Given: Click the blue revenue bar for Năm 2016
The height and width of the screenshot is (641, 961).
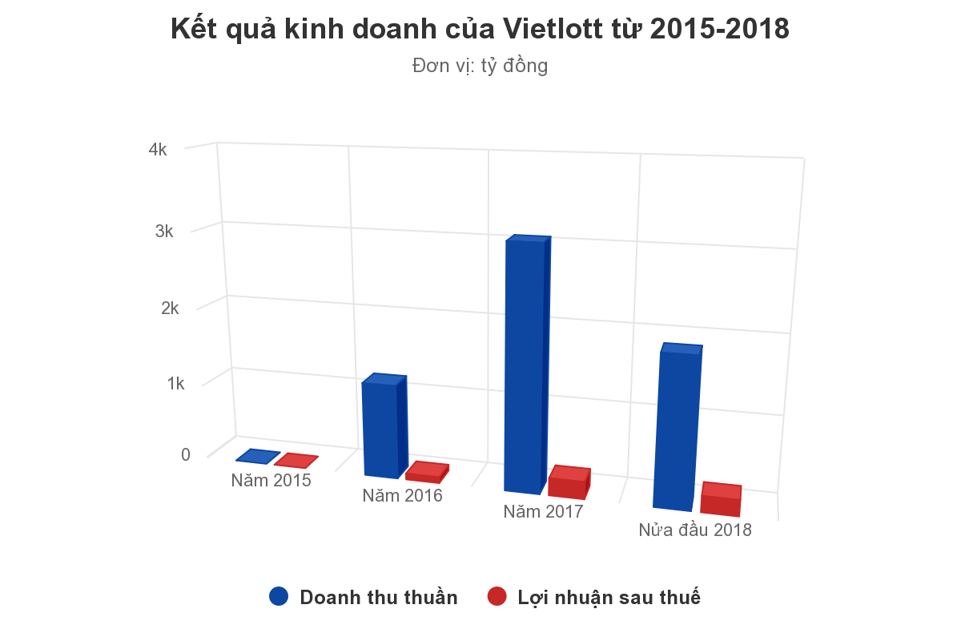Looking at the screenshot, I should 380,429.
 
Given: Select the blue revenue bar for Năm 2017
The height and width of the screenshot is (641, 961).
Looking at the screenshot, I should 525,365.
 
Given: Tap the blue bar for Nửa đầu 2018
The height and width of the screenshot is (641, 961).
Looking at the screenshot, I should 674,429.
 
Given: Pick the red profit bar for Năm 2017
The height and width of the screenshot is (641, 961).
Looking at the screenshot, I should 568,483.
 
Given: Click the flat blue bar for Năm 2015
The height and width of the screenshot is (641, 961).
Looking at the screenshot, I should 258,457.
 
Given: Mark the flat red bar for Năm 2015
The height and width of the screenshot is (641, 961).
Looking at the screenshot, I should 296,461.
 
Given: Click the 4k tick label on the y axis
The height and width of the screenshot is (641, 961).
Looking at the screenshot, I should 158,150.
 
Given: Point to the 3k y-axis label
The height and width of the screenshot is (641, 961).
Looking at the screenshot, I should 164,232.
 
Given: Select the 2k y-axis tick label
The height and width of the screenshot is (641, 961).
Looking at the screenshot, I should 170,308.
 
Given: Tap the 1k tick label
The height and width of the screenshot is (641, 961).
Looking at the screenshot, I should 175,384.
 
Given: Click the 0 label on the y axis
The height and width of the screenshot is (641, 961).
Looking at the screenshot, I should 186,454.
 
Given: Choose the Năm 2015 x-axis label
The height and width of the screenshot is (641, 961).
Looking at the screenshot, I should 271,481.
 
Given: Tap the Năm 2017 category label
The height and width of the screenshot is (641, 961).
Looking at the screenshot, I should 543,511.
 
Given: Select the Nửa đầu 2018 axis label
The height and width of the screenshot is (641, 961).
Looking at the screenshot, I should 695,530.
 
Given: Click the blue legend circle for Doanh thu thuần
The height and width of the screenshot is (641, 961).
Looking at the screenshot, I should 279,596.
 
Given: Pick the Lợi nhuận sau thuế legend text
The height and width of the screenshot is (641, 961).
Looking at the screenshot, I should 609,597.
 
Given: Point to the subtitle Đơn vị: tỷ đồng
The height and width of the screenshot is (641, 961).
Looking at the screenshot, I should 480,66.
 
